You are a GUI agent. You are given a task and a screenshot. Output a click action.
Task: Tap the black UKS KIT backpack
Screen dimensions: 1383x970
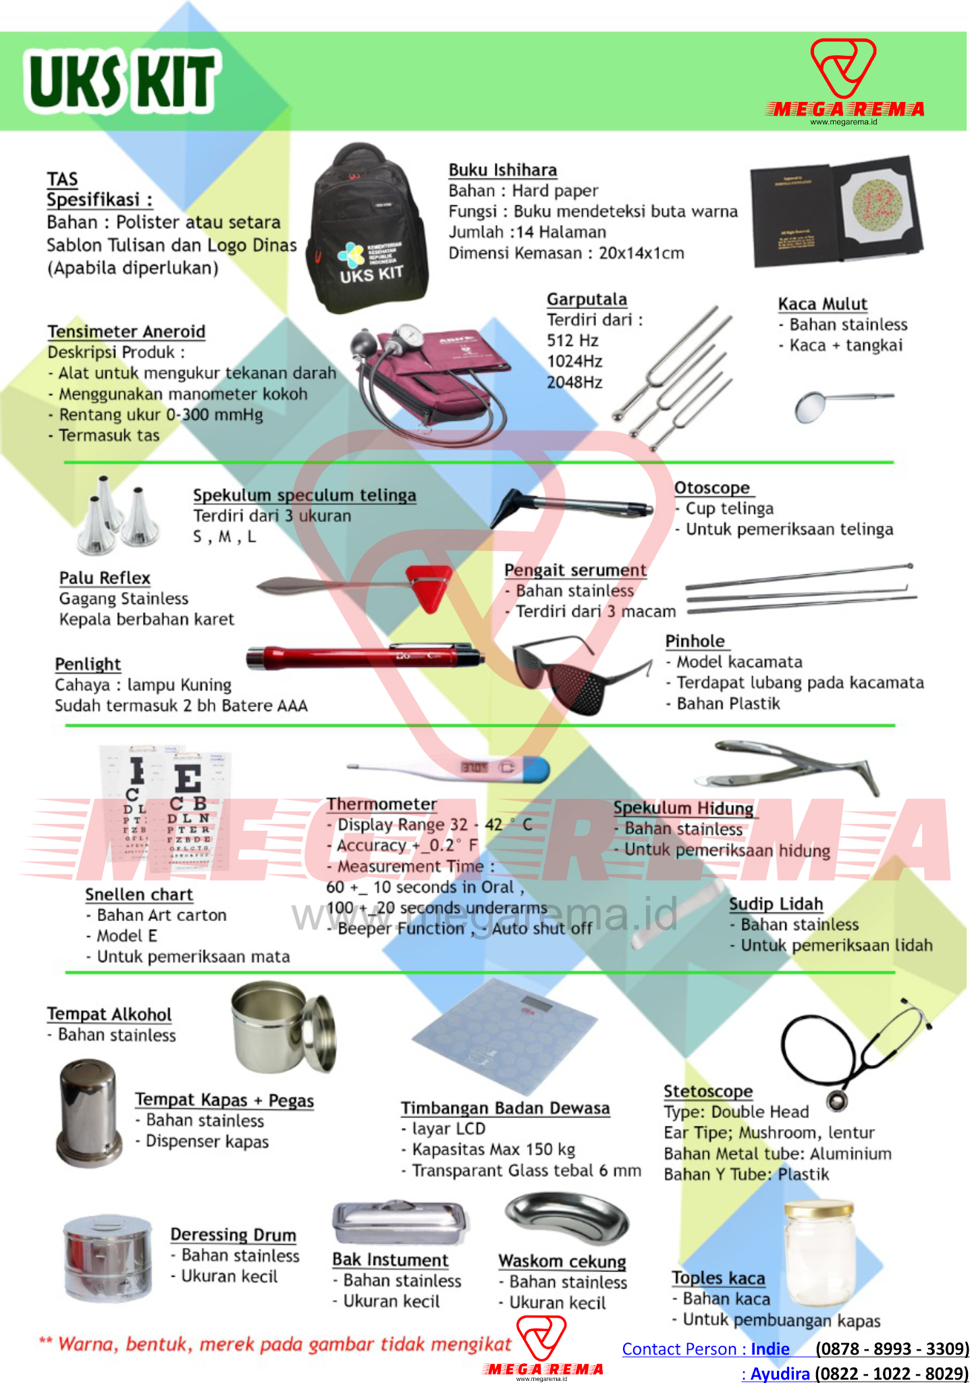pos(367,226)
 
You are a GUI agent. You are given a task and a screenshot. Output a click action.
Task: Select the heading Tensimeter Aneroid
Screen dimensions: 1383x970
pos(126,332)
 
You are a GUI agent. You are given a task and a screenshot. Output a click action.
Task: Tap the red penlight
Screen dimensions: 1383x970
pos(365,656)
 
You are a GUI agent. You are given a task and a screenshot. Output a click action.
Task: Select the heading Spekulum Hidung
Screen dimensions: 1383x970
pos(683,808)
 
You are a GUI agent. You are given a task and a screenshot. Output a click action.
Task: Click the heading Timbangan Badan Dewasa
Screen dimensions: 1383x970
pos(505,1108)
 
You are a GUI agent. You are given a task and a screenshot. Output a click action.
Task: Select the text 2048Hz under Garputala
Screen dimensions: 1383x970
pos(574,382)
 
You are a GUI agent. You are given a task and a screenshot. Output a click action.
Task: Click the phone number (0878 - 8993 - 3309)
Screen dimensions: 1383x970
pos(892,1349)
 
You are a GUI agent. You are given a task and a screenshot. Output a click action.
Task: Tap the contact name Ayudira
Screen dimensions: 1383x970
pos(780,1373)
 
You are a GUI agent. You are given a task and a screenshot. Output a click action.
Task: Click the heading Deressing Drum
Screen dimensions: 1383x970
pos(233,1234)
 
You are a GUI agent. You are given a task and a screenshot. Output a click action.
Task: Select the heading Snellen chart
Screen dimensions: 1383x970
pos(139,895)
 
